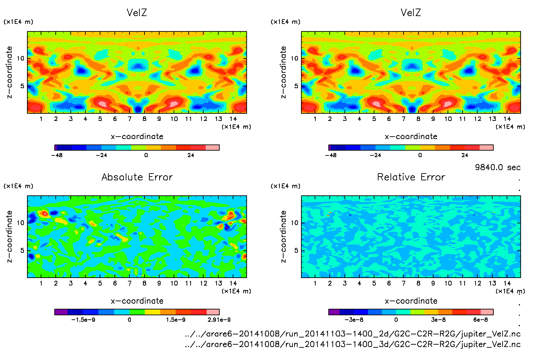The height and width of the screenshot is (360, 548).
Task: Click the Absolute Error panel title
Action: click(137, 177)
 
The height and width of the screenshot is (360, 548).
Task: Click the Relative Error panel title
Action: click(411, 177)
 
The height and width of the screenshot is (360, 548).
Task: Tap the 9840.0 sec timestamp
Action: click(497, 167)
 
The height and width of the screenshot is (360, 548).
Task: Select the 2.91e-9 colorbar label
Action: click(219, 320)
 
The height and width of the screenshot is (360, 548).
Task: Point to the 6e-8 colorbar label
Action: click(480, 320)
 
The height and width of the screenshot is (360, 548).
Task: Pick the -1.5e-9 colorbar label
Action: click(83, 320)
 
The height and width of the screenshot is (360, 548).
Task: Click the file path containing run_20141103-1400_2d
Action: click(353, 334)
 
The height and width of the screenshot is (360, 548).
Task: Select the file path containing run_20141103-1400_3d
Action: click(353, 344)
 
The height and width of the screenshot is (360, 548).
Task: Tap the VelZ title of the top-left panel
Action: click(137, 13)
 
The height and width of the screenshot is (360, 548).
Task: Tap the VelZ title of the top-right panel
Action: click(411, 13)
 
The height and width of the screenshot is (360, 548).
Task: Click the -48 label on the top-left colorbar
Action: click(57, 155)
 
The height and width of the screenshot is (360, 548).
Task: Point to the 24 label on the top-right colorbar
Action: click(465, 155)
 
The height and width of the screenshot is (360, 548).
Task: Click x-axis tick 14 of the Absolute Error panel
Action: click(233, 283)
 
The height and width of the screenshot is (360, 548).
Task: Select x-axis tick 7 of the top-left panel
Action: click(129, 119)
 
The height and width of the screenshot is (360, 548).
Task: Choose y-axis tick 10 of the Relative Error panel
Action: click(294, 223)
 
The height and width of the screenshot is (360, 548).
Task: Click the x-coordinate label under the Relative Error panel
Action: click(411, 301)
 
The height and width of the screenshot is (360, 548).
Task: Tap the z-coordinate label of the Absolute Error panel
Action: click(9, 236)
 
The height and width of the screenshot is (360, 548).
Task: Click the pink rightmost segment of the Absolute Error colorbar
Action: click(213, 312)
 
